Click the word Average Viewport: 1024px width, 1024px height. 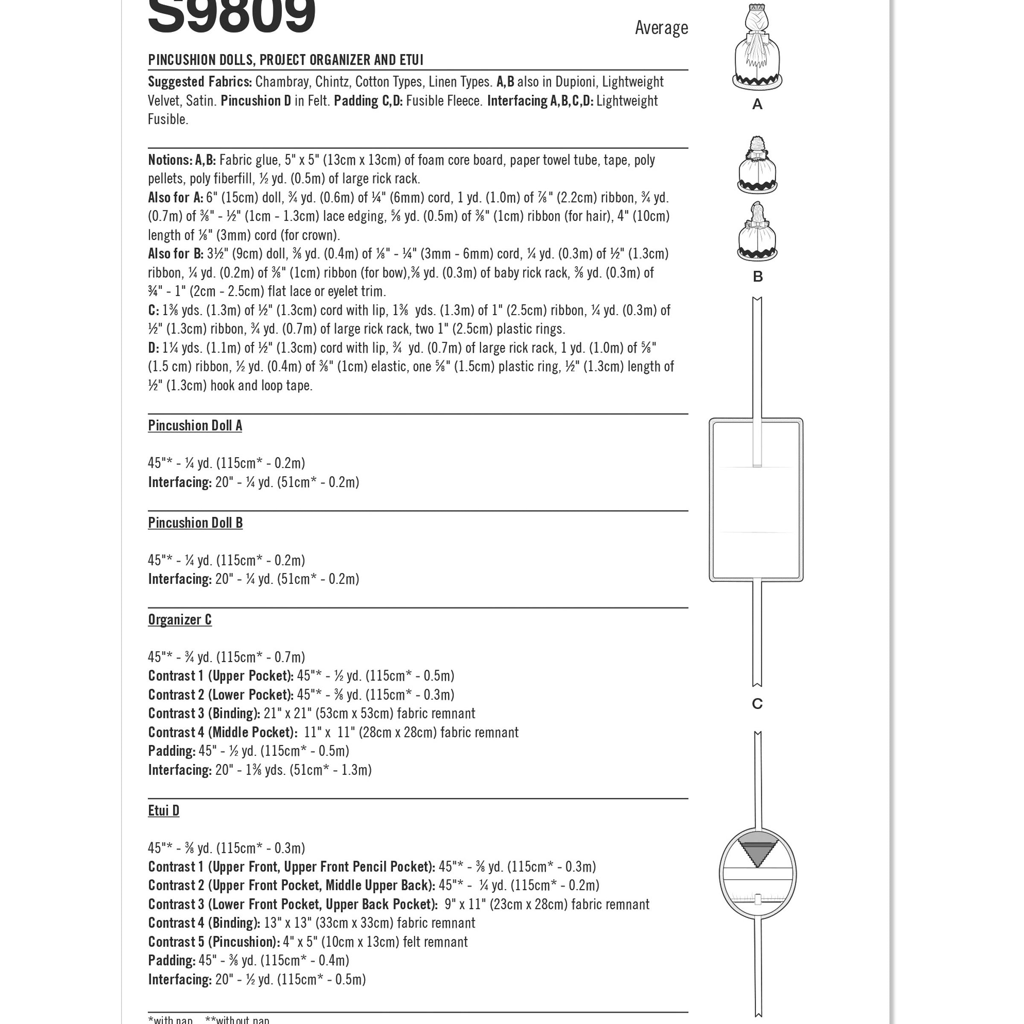(x=661, y=28)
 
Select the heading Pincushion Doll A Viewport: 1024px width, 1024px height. (x=195, y=426)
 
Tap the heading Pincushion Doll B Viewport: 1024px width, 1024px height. (x=195, y=523)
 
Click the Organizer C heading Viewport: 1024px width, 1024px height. (x=180, y=620)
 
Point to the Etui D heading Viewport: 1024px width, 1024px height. (x=163, y=810)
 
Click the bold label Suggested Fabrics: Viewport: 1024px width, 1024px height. (x=200, y=82)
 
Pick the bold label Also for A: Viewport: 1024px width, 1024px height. (x=175, y=198)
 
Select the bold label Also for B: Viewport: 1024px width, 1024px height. (x=175, y=254)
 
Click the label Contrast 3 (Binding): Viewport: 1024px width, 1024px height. (x=204, y=713)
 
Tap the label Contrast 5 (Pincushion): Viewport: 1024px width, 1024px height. (x=214, y=942)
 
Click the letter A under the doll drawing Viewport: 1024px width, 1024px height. (x=757, y=105)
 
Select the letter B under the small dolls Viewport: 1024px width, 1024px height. (x=757, y=276)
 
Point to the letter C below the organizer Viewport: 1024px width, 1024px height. (x=757, y=704)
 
